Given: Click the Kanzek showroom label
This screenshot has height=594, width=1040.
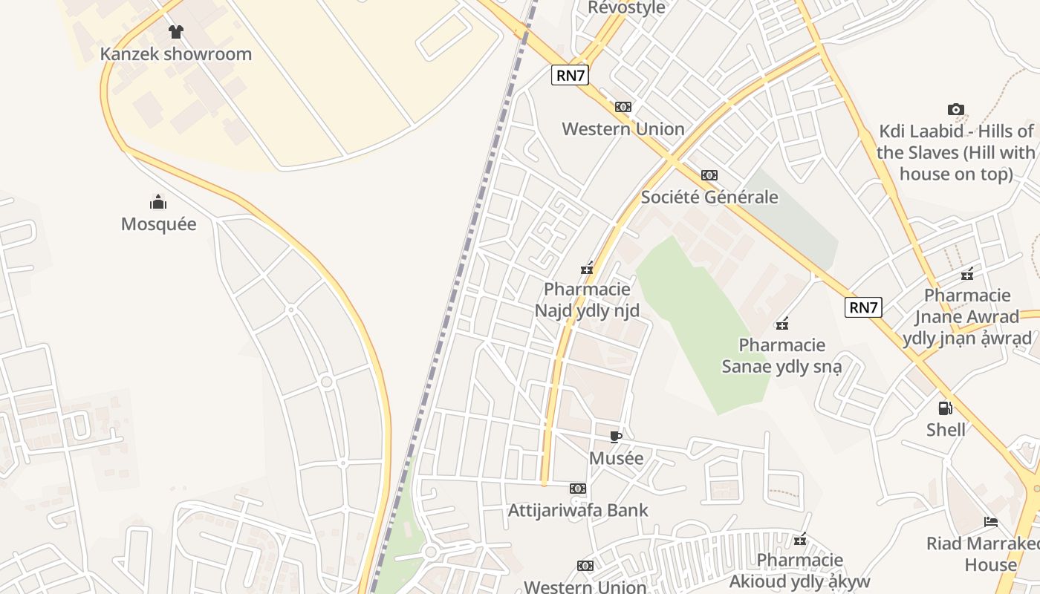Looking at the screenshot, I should [176, 54].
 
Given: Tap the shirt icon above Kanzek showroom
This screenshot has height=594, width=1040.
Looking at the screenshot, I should [175, 32].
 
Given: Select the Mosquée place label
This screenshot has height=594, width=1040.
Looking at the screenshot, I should [159, 224].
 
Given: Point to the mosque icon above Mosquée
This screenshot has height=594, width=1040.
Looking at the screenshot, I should [158, 202].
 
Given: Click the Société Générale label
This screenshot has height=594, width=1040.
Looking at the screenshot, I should [709, 198].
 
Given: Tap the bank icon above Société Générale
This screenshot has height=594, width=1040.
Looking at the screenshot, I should [709, 175].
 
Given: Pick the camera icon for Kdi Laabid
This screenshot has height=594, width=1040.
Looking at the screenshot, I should [956, 110].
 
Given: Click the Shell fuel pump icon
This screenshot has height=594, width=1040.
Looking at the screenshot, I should [946, 408].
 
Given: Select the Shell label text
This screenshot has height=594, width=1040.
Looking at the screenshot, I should [946, 430].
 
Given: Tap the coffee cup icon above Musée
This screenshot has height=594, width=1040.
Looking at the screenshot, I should [616, 437].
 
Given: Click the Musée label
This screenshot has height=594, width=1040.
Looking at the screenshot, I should [616, 459].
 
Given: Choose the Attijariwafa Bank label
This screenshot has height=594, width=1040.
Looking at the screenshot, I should [578, 511].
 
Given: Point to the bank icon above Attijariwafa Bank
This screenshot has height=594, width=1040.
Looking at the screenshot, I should [578, 489].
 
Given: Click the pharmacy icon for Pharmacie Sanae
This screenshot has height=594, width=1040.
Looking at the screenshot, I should [782, 323].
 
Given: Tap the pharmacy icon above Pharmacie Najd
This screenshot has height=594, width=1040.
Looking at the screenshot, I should [587, 268].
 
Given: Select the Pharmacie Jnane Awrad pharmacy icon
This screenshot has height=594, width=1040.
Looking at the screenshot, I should [967, 274].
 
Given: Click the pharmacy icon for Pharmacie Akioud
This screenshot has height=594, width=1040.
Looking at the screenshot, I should [800, 539].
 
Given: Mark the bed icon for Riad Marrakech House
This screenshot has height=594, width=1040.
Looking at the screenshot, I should [991, 521].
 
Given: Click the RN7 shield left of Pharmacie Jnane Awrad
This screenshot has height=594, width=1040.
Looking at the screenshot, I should [863, 307].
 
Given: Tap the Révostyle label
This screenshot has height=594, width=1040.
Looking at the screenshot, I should [626, 8].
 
